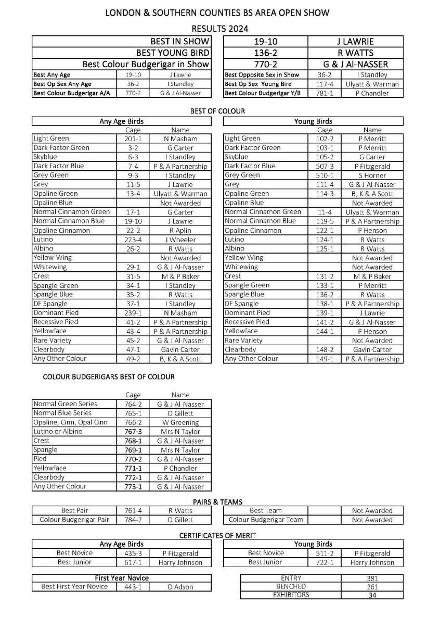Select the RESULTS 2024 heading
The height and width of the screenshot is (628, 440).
(220, 28)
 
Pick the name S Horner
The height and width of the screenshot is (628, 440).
(372, 175)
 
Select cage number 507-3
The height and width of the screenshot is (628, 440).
(325, 166)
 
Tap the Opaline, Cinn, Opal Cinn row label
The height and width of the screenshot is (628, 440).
(70, 422)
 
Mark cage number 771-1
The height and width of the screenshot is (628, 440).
(133, 468)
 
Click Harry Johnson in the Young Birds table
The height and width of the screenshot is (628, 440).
(372, 562)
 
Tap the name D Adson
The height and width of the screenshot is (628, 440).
(180, 587)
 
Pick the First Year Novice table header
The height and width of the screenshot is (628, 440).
(122, 578)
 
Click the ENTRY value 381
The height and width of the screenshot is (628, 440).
(372, 578)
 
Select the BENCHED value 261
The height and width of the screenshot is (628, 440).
(372, 587)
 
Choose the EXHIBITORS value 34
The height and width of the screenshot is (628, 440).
(372, 595)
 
